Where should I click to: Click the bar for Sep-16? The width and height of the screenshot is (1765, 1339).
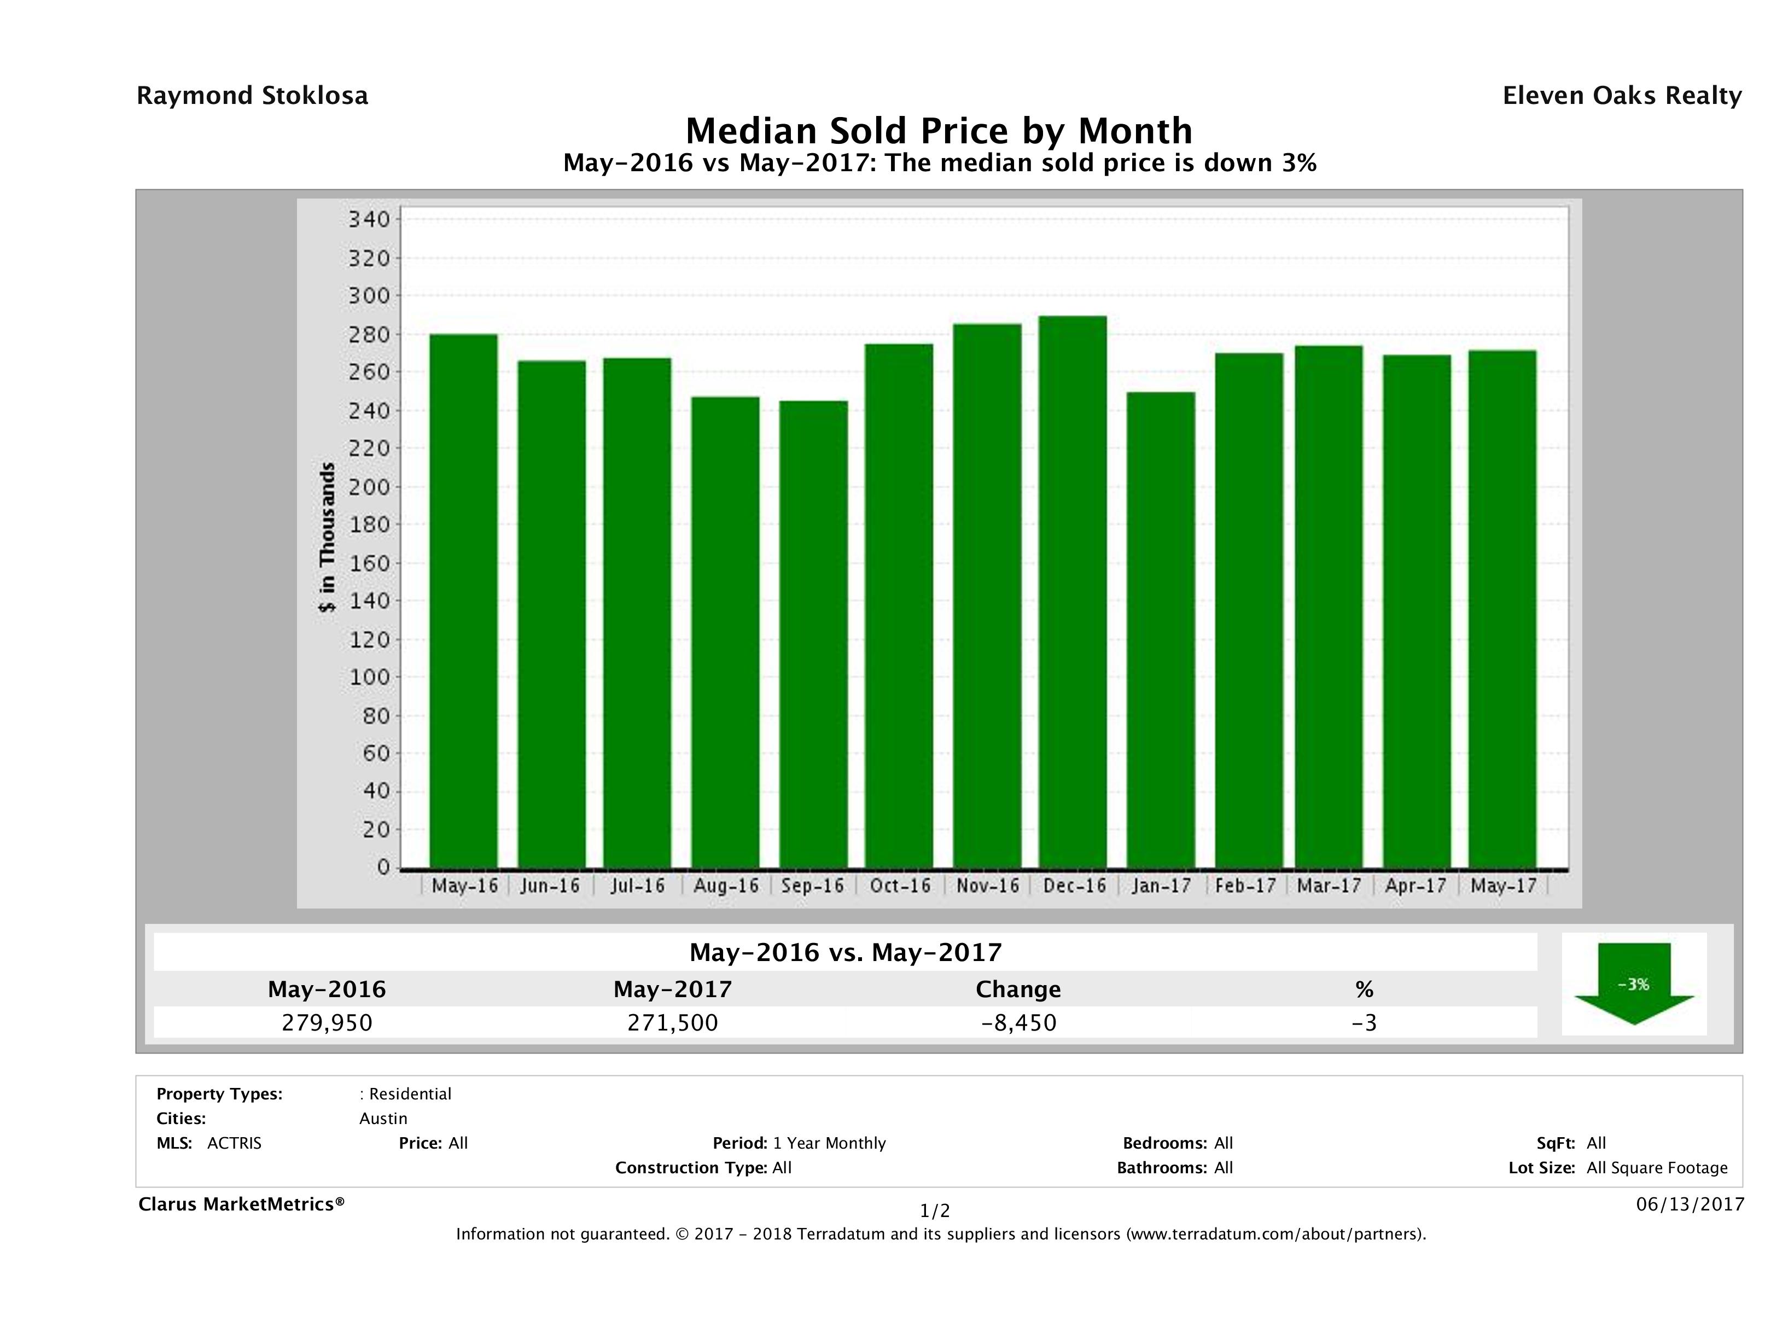pos(814,634)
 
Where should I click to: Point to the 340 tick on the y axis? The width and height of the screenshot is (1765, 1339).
pos(369,219)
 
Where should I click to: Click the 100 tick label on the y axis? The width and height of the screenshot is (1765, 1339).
pos(369,678)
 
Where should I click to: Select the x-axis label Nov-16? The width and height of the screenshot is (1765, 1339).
pos(988,886)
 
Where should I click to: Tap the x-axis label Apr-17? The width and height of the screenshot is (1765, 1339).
pos(1416,886)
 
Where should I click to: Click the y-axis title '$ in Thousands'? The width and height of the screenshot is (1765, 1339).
pos(327,537)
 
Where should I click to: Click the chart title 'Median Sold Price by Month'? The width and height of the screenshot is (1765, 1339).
pos(939,130)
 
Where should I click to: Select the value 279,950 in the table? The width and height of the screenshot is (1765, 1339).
pos(327,1023)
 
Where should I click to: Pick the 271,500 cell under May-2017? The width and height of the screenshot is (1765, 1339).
pos(673,1023)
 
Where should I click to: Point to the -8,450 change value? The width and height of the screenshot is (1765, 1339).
pos(1019,1023)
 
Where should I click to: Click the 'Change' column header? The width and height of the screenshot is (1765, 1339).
pos(1018,989)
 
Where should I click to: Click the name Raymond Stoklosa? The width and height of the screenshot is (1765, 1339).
pos(252,96)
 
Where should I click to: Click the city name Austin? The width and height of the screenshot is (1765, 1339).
pos(383,1119)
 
